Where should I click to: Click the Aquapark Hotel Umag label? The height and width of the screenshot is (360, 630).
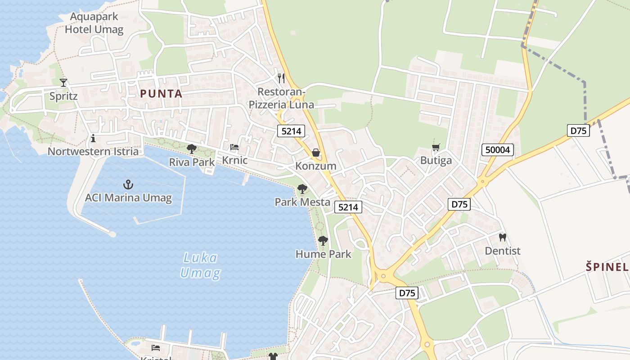click(x=94, y=23)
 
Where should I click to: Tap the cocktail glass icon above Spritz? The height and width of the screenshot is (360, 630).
click(x=63, y=82)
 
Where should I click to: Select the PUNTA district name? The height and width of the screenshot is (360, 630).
click(x=161, y=94)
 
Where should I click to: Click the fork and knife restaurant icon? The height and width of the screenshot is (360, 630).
click(x=281, y=78)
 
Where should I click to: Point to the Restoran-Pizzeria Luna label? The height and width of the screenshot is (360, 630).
click(x=281, y=99)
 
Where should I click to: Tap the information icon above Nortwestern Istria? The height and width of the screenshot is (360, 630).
click(x=93, y=138)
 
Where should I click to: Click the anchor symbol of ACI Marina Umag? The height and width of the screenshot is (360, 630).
click(x=128, y=184)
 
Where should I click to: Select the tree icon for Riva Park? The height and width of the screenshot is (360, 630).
click(x=192, y=148)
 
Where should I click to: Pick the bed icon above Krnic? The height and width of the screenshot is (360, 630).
click(x=234, y=147)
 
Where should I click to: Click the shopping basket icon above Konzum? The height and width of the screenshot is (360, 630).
click(x=316, y=153)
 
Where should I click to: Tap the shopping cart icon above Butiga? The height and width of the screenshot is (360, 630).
click(x=436, y=147)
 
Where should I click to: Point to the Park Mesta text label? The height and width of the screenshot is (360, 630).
click(x=302, y=202)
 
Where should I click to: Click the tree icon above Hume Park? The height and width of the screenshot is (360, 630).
click(x=323, y=241)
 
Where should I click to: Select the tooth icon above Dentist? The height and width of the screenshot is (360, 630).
click(x=503, y=237)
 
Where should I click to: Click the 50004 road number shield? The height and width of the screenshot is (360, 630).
click(x=498, y=150)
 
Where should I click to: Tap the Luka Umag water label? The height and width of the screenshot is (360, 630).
click(x=201, y=265)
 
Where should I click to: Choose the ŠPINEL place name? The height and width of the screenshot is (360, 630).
click(x=607, y=267)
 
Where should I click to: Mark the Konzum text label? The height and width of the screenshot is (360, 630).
click(x=316, y=166)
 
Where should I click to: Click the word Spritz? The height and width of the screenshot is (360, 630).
click(x=63, y=96)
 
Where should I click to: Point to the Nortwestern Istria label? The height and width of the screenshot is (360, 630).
click(x=93, y=151)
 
